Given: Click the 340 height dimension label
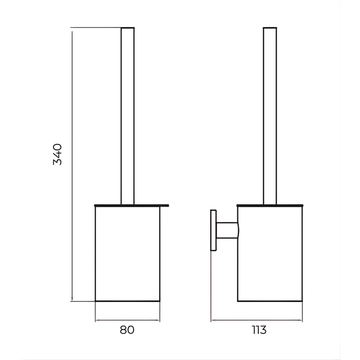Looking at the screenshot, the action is point(57,154).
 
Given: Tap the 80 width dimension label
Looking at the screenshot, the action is point(127,330).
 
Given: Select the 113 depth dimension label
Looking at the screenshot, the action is point(259,330).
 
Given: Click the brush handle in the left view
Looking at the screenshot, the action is point(128,116).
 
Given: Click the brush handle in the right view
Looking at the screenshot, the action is point(270,116).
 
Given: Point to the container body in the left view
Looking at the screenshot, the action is point(128,254).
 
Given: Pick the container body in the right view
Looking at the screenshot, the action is point(270,254).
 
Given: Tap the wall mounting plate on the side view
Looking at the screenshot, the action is point(213,230).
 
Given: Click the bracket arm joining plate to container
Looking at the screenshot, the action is point(227,230).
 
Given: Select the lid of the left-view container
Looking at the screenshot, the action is point(132,206).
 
